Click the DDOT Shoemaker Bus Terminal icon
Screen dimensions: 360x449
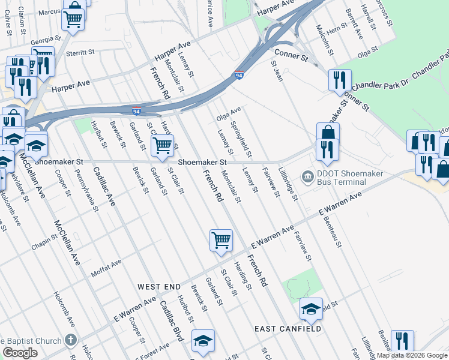coord(307,176)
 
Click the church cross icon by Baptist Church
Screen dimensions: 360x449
coord(71,340)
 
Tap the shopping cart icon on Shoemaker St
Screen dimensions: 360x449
coord(163,146)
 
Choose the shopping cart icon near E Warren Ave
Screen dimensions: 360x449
coord(221,240)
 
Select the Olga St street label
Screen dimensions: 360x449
coord(366,54)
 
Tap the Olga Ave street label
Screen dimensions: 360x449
coord(228,112)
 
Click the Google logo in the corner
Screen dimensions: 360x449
coord(20,352)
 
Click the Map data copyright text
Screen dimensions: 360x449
coord(411,355)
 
